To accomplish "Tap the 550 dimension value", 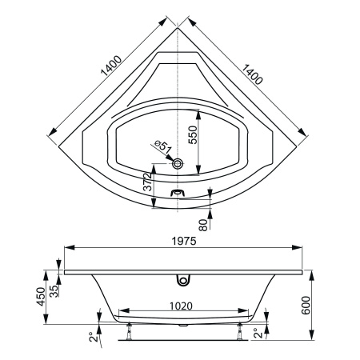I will pos(192,135).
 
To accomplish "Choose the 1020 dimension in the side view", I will pos(183,305).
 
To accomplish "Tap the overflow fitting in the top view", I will pos(178,192).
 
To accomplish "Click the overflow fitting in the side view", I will pos(184,280).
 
